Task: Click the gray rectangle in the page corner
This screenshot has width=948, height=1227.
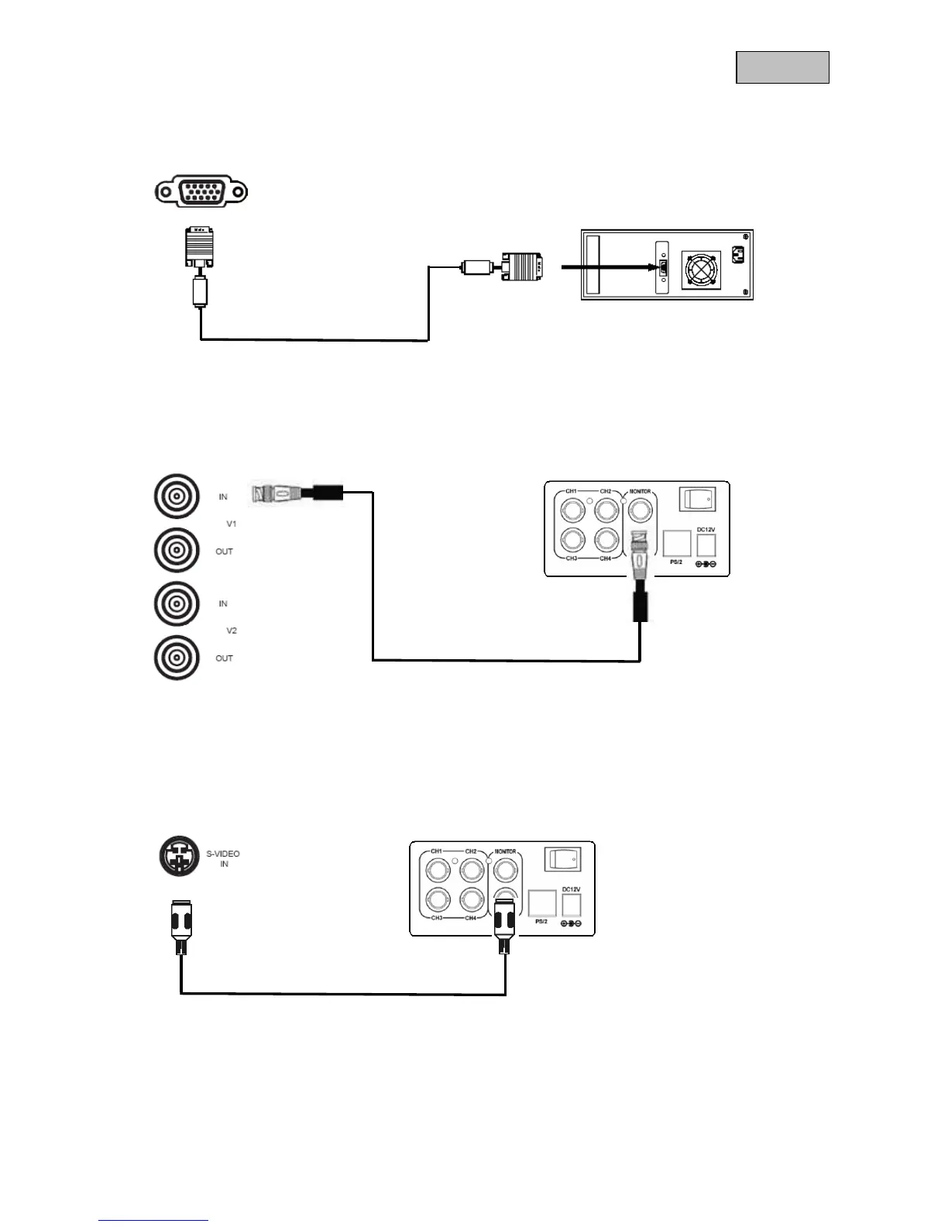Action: [x=782, y=67]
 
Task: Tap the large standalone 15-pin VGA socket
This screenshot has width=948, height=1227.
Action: [x=201, y=191]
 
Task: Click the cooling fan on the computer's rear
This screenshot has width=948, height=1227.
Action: [x=699, y=270]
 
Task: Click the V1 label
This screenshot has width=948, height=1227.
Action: [x=231, y=524]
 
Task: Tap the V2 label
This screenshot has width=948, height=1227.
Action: [x=231, y=631]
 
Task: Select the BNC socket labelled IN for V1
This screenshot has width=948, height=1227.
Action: [x=177, y=497]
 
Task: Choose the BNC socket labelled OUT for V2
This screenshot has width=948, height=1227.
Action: [x=177, y=658]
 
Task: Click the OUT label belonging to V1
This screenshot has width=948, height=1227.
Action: [x=224, y=552]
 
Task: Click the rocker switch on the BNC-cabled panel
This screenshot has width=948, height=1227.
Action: [x=697, y=500]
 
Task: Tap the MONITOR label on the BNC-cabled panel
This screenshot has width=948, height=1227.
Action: [x=640, y=492]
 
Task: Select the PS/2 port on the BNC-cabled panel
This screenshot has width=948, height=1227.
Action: [x=677, y=544]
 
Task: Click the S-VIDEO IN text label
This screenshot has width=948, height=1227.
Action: [x=223, y=858]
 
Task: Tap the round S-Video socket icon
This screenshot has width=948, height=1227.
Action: [x=179, y=856]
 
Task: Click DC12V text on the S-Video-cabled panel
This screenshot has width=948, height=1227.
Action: [x=571, y=889]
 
